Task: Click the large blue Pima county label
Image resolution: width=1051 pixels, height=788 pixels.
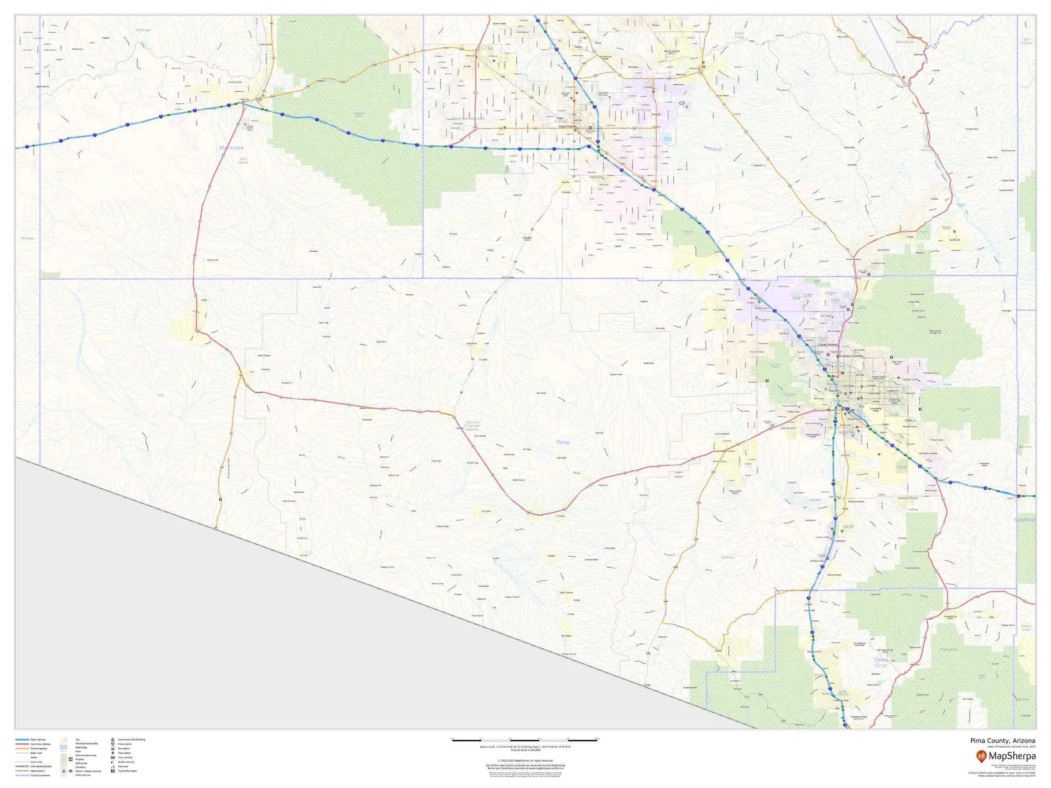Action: (563, 442)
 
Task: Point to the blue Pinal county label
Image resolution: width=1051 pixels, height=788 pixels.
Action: (715, 149)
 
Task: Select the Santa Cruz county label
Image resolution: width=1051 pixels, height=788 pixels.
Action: (881, 663)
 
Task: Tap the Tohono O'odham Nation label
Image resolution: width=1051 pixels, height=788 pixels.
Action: (472, 425)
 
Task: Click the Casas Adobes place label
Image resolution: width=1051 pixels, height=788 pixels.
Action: (828, 344)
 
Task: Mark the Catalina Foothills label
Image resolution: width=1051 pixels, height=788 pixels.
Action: (852, 356)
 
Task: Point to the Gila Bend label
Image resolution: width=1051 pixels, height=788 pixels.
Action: (243, 161)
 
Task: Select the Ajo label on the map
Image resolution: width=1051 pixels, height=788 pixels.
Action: (161, 395)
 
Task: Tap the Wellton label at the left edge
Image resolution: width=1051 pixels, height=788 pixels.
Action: (27, 238)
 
